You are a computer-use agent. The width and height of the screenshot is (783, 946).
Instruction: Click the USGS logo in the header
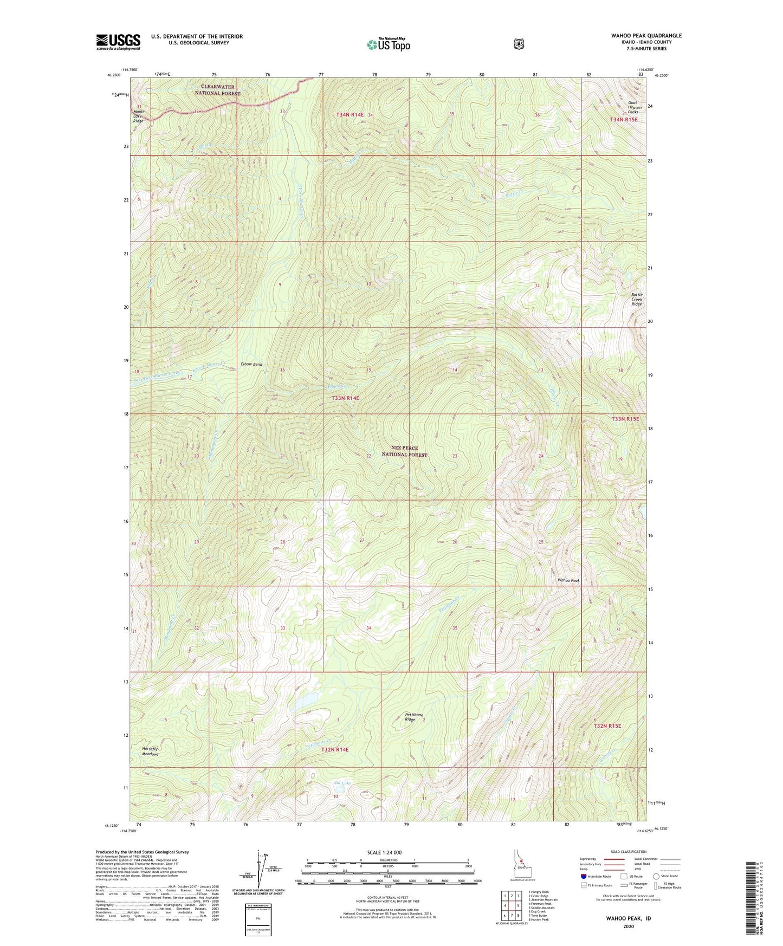click(118, 42)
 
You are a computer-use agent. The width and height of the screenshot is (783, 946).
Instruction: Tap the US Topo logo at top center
click(387, 44)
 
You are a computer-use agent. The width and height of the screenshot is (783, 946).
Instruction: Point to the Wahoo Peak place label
click(568, 580)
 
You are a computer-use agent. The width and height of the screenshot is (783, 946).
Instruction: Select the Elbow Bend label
click(251, 364)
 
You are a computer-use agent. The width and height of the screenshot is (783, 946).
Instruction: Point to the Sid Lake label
click(342, 783)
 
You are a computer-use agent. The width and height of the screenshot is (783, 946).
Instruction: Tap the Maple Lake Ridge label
click(139, 116)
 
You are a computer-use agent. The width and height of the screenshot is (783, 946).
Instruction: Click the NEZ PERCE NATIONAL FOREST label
click(404, 451)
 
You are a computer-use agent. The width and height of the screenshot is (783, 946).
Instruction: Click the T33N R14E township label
click(345, 398)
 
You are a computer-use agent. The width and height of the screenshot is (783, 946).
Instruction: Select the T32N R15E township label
click(606, 725)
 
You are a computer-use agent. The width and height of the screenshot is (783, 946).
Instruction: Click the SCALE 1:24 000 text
click(384, 852)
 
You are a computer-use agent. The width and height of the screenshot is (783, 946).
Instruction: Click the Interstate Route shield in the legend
click(583, 876)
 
